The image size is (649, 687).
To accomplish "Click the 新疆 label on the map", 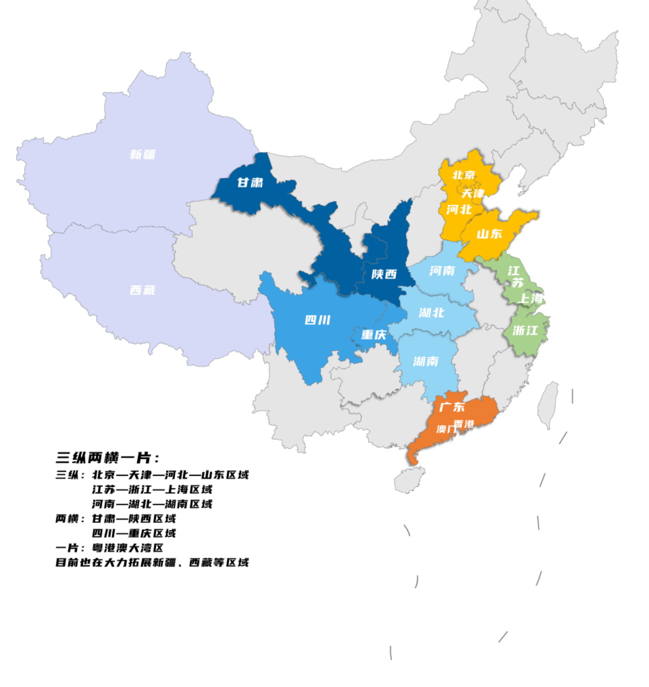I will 142,155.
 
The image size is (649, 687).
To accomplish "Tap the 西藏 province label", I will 142,290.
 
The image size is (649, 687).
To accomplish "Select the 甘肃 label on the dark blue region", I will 250,183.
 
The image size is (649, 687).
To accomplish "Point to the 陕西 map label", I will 384,274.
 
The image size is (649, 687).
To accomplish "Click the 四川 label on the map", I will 318,320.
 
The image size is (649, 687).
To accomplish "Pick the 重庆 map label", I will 374,335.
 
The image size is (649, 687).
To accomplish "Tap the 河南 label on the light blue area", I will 442,271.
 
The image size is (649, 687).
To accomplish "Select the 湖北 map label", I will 431,313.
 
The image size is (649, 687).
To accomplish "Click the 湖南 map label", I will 426,361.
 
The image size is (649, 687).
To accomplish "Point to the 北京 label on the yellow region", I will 464,175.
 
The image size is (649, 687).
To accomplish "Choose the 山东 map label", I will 489,234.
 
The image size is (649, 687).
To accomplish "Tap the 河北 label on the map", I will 459,210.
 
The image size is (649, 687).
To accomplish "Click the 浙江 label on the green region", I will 525,331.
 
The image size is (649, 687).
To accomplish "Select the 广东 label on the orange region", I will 452,407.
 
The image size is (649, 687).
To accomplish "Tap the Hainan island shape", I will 409,480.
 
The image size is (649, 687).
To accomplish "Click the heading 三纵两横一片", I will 107,458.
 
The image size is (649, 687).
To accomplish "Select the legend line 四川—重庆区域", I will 134,533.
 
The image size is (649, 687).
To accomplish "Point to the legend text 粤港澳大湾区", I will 127,548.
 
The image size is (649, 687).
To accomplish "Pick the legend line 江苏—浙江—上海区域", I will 152,489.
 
